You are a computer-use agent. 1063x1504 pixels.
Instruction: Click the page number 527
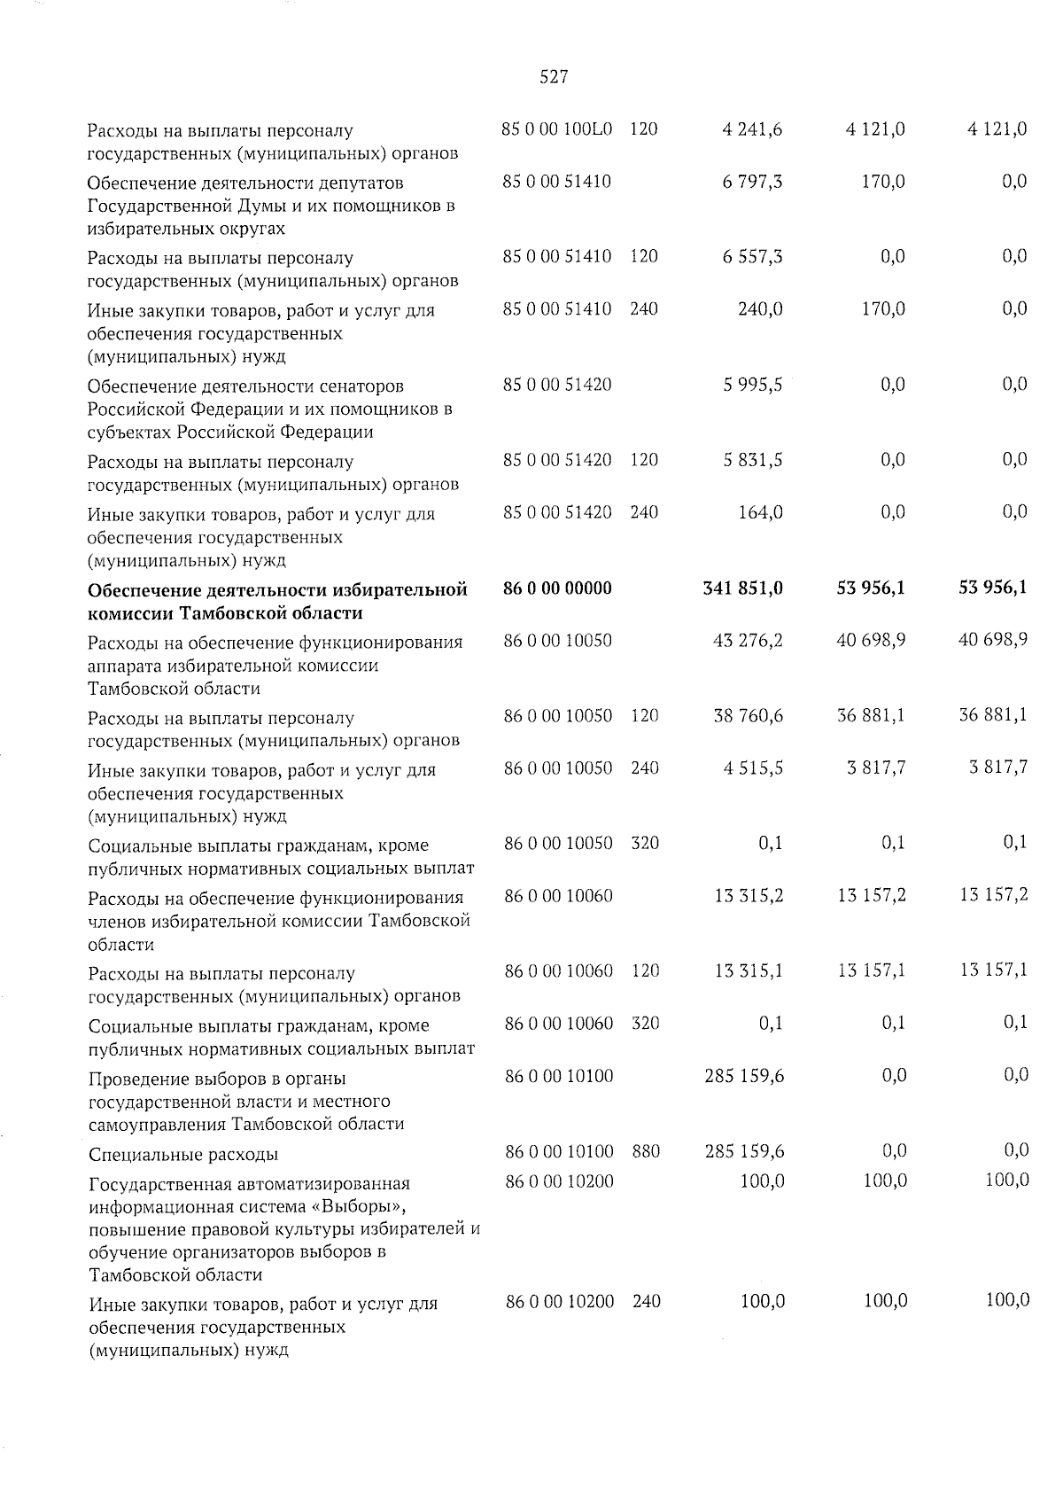point(554,78)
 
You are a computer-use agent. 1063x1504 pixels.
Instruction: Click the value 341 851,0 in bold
point(742,588)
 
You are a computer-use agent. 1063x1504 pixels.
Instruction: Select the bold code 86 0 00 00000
point(557,588)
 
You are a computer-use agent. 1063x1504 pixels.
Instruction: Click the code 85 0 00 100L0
point(557,129)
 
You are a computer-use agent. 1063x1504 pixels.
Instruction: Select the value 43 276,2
point(748,640)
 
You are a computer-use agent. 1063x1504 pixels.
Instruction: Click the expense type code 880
point(646,1151)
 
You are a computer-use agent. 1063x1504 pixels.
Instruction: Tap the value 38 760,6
point(748,715)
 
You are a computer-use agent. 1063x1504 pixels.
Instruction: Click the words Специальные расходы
point(183,1154)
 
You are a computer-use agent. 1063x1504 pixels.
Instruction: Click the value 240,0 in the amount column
point(760,309)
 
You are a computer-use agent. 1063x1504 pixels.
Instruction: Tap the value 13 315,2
point(749,896)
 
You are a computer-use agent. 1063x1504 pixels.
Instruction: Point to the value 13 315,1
point(749,970)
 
